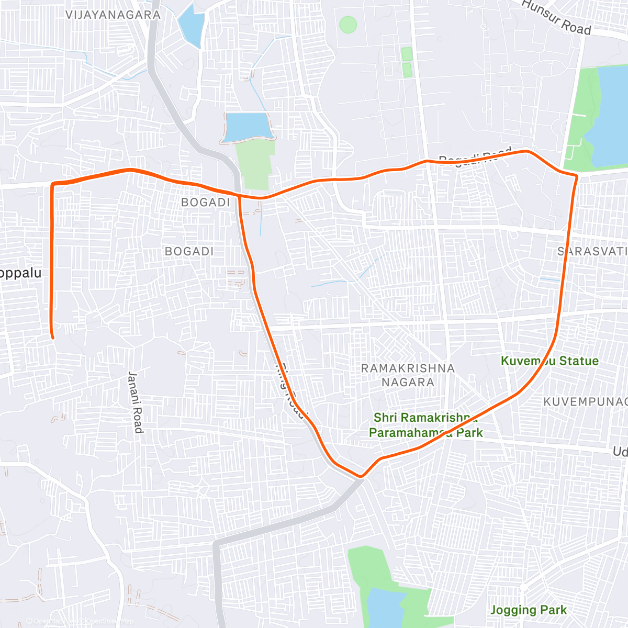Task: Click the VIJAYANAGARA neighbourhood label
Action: coord(113,15)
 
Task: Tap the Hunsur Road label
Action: coord(556,18)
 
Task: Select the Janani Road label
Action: coord(135,402)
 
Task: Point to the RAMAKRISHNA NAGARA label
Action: coord(408,375)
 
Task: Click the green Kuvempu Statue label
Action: coord(549,361)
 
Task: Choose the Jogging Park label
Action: coord(529,610)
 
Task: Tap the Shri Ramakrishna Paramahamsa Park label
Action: coord(425,425)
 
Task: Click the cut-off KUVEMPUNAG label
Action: coord(585,401)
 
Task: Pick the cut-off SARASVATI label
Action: coord(592,251)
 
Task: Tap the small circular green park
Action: coord(348,24)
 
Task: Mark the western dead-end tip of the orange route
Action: coord(52,338)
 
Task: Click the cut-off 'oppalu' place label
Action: coord(20,273)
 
